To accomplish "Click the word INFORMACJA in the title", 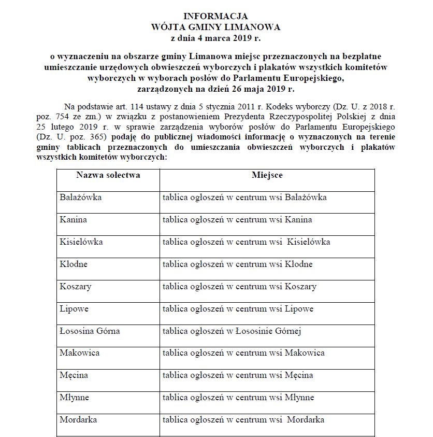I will (215, 16).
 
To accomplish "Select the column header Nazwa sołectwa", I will (108, 175).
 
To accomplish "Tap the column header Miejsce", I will (267, 175).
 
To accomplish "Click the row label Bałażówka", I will (80, 198).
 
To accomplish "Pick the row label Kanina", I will (73, 220).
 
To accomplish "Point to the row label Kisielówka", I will (81, 242).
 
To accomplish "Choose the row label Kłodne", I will (74, 264).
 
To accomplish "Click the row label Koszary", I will (76, 287).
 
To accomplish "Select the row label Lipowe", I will (74, 309).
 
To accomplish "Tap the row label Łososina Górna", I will (90, 331).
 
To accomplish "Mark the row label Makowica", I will (79, 353).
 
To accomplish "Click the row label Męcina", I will (74, 375).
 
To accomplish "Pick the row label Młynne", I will (74, 398).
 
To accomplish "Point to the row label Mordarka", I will (78, 420).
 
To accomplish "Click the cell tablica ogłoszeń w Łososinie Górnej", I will (232, 331).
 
